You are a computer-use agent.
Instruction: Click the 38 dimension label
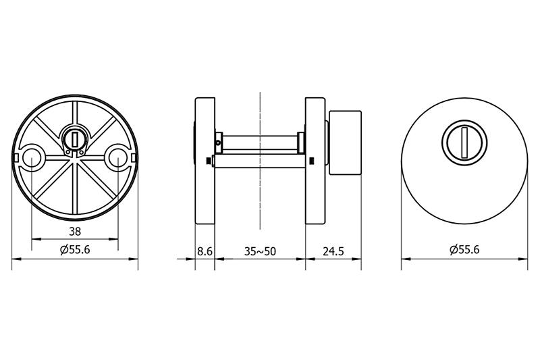point(75,232)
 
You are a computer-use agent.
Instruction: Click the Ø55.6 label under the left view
point(75,249)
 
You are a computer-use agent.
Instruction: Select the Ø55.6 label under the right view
point(464,249)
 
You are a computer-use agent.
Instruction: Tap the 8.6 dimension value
point(205,251)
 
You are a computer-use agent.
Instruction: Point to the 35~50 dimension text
point(260,251)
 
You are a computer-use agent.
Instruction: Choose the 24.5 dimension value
point(333,251)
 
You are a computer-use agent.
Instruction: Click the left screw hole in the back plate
point(32,158)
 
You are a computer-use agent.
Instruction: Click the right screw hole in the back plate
point(117,158)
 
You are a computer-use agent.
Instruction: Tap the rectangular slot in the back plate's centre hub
point(74,138)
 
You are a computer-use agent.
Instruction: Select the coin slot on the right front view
point(464,143)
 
